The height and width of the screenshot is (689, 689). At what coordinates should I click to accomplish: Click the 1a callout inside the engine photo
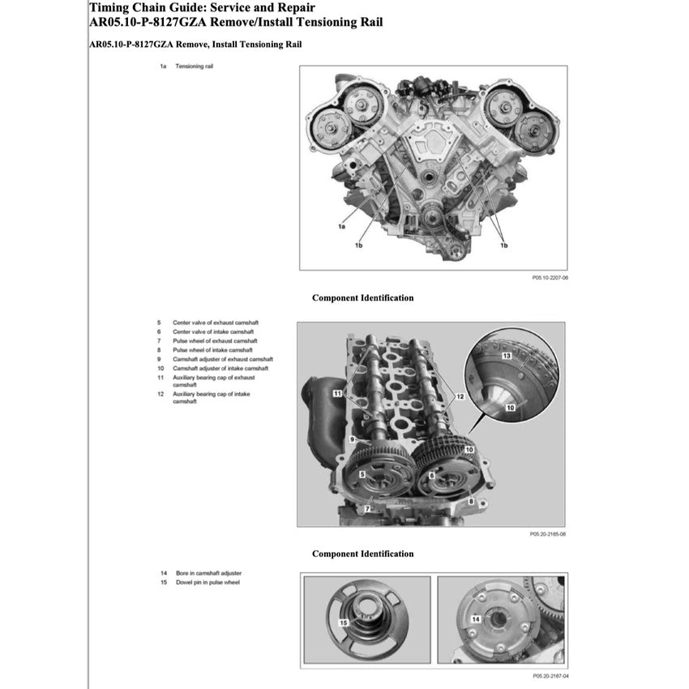click(343, 226)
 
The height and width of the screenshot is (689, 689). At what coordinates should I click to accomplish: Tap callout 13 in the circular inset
click(506, 356)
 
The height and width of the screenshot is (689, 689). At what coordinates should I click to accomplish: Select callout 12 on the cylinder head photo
click(460, 396)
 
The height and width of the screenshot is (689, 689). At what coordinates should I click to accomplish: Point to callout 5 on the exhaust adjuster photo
click(362, 473)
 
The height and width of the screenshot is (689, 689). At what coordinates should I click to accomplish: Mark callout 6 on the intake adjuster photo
click(433, 475)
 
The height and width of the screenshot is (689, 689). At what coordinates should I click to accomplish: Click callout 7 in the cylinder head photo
click(366, 508)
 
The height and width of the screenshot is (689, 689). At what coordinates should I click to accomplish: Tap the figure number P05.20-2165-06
click(548, 534)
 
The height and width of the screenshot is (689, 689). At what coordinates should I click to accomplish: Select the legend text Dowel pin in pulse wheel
click(206, 582)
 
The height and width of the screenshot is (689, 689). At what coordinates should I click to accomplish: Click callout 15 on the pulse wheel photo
click(344, 622)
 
